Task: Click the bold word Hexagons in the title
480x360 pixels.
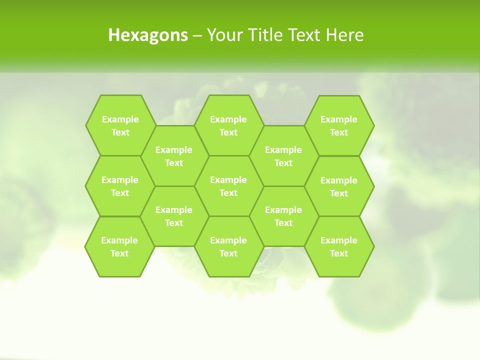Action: click(148, 35)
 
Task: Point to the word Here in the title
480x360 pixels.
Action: click(344, 35)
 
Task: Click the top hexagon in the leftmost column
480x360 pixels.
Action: click(120, 125)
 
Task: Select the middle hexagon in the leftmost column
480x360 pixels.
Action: click(120, 186)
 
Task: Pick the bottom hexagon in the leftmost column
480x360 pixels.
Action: click(119, 246)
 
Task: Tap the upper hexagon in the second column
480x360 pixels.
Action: click(174, 156)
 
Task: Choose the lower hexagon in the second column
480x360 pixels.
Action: click(174, 216)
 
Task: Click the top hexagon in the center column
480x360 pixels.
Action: click(228, 125)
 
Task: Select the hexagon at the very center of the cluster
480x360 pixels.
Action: click(228, 186)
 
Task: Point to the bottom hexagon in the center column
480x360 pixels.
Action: click(228, 246)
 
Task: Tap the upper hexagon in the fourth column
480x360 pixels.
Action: click(283, 156)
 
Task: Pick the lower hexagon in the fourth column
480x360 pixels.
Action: click(283, 216)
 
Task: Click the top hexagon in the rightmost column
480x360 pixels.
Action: click(339, 125)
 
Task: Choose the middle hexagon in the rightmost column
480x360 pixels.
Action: click(339, 186)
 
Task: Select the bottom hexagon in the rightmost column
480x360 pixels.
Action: click(339, 246)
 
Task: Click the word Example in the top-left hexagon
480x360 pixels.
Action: click(120, 119)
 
